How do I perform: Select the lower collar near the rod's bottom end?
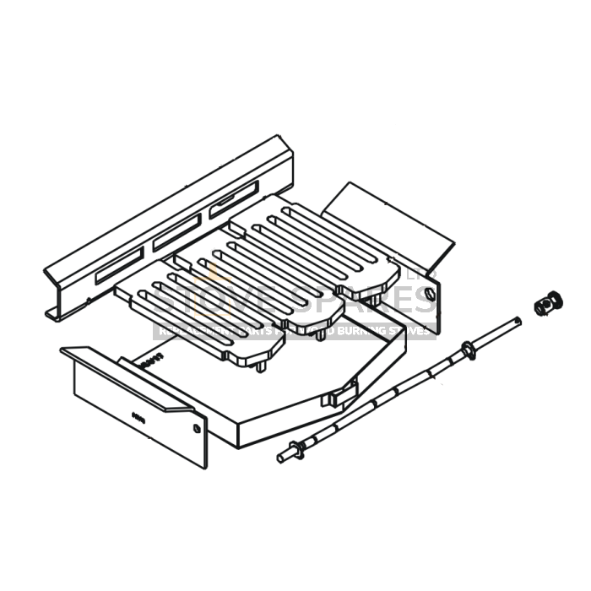click(295, 450)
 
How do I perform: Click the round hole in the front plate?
click(197, 428)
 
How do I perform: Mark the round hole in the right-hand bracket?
click(430, 294)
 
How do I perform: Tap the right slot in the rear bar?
click(234, 200)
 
